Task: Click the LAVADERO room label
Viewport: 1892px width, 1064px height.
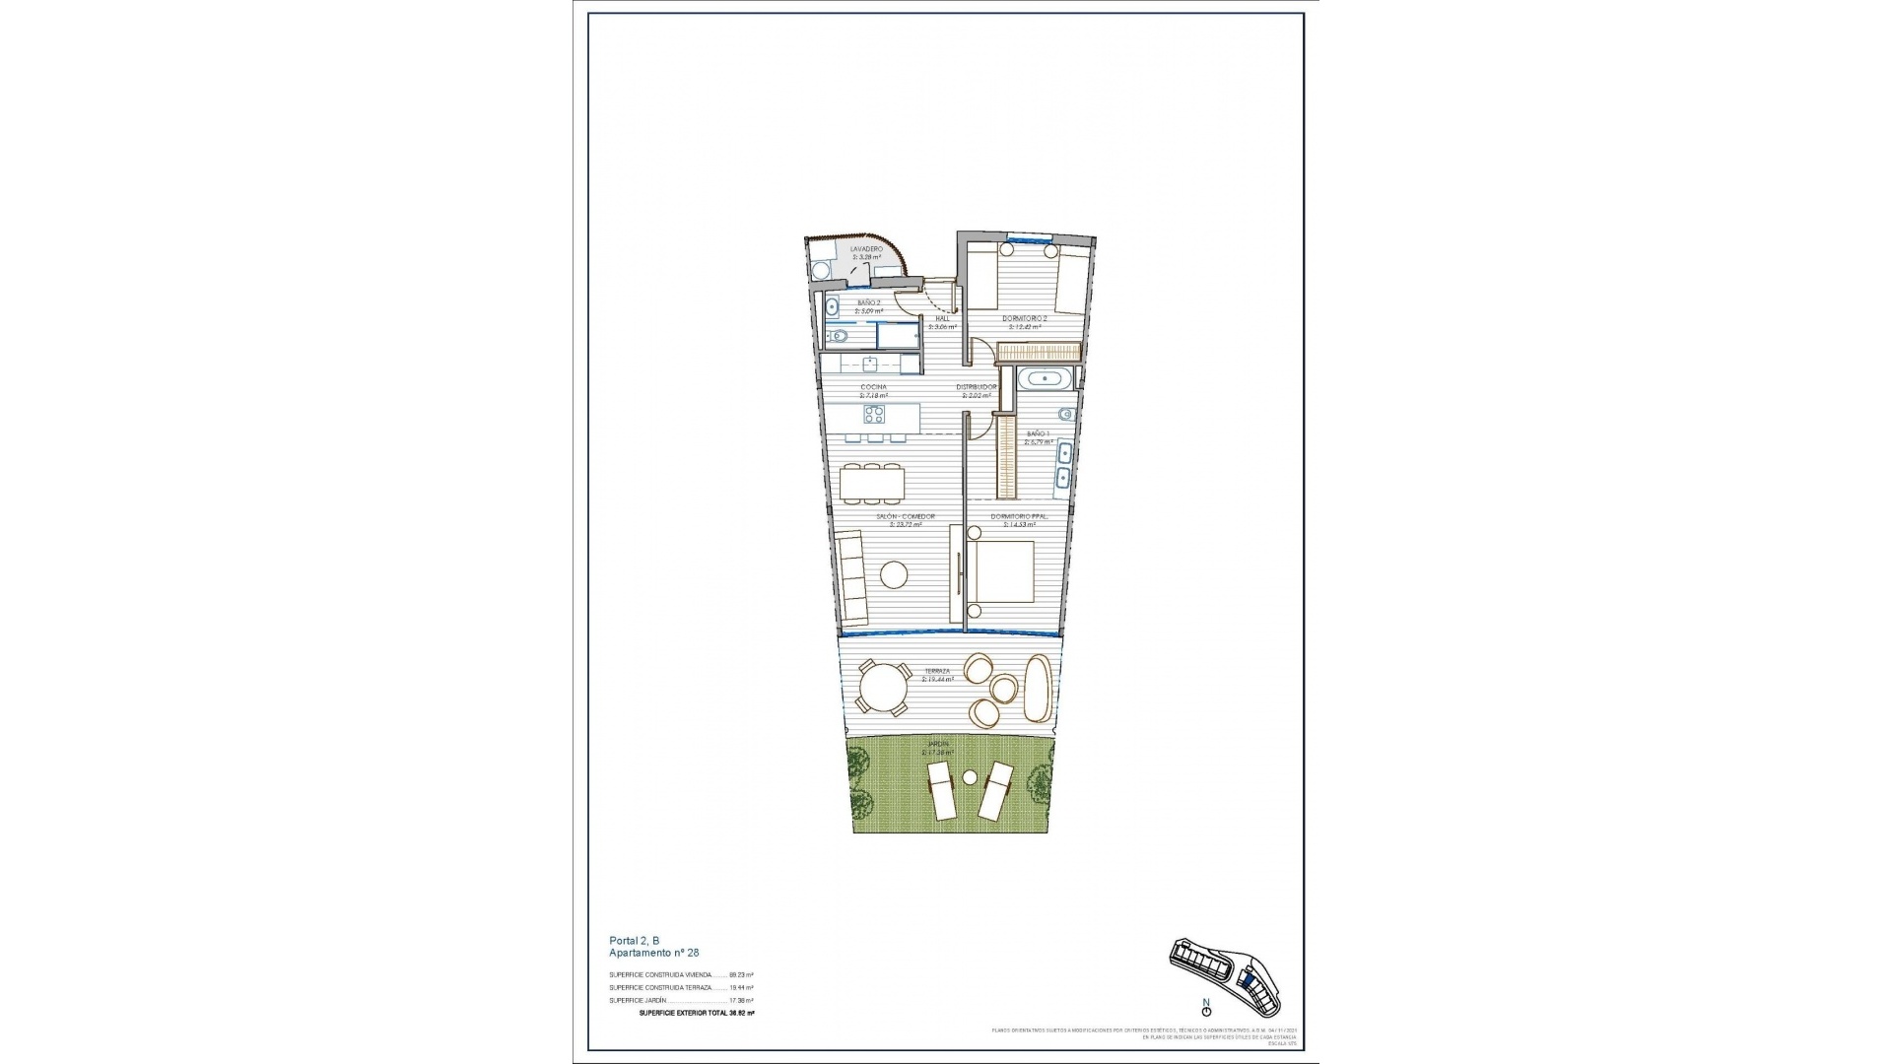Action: (866, 249)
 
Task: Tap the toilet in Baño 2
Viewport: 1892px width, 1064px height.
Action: (839, 337)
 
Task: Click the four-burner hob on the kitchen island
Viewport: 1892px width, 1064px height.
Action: (185, 413)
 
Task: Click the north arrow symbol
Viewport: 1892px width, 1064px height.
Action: (1206, 1035)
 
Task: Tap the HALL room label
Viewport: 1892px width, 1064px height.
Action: (942, 317)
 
